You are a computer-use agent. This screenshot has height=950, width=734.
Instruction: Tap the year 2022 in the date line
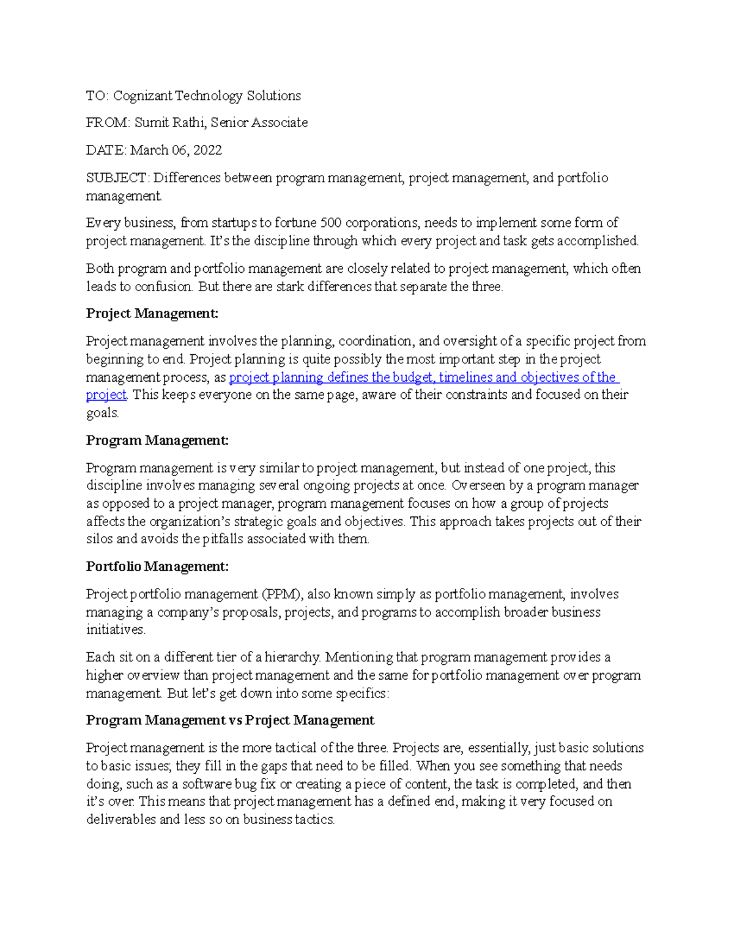(x=207, y=150)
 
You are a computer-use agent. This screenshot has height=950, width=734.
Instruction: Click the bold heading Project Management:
(x=152, y=314)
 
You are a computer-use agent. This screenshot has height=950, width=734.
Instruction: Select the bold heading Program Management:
(x=157, y=440)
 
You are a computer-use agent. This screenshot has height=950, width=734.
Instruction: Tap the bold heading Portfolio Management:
(x=157, y=567)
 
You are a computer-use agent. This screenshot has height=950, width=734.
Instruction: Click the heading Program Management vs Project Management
(x=230, y=721)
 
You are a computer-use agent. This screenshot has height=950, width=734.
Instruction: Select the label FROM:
(x=108, y=123)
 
